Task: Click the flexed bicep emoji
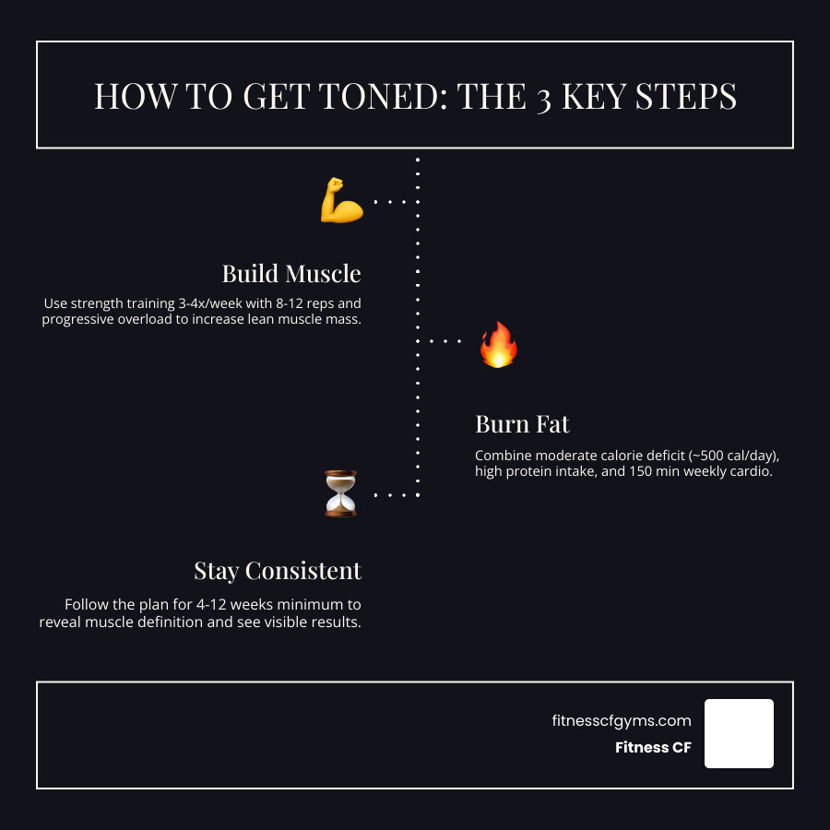pyautogui.click(x=341, y=201)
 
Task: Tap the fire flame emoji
pyautogui.click(x=499, y=344)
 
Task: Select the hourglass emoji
pyautogui.click(x=340, y=493)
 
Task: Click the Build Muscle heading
pyautogui.click(x=291, y=274)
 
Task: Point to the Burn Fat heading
pyautogui.click(x=522, y=424)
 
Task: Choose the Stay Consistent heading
pyautogui.click(x=278, y=571)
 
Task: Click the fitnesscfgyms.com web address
pyautogui.click(x=621, y=721)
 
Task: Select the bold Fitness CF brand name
pyautogui.click(x=653, y=748)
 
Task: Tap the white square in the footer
pyautogui.click(x=739, y=733)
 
